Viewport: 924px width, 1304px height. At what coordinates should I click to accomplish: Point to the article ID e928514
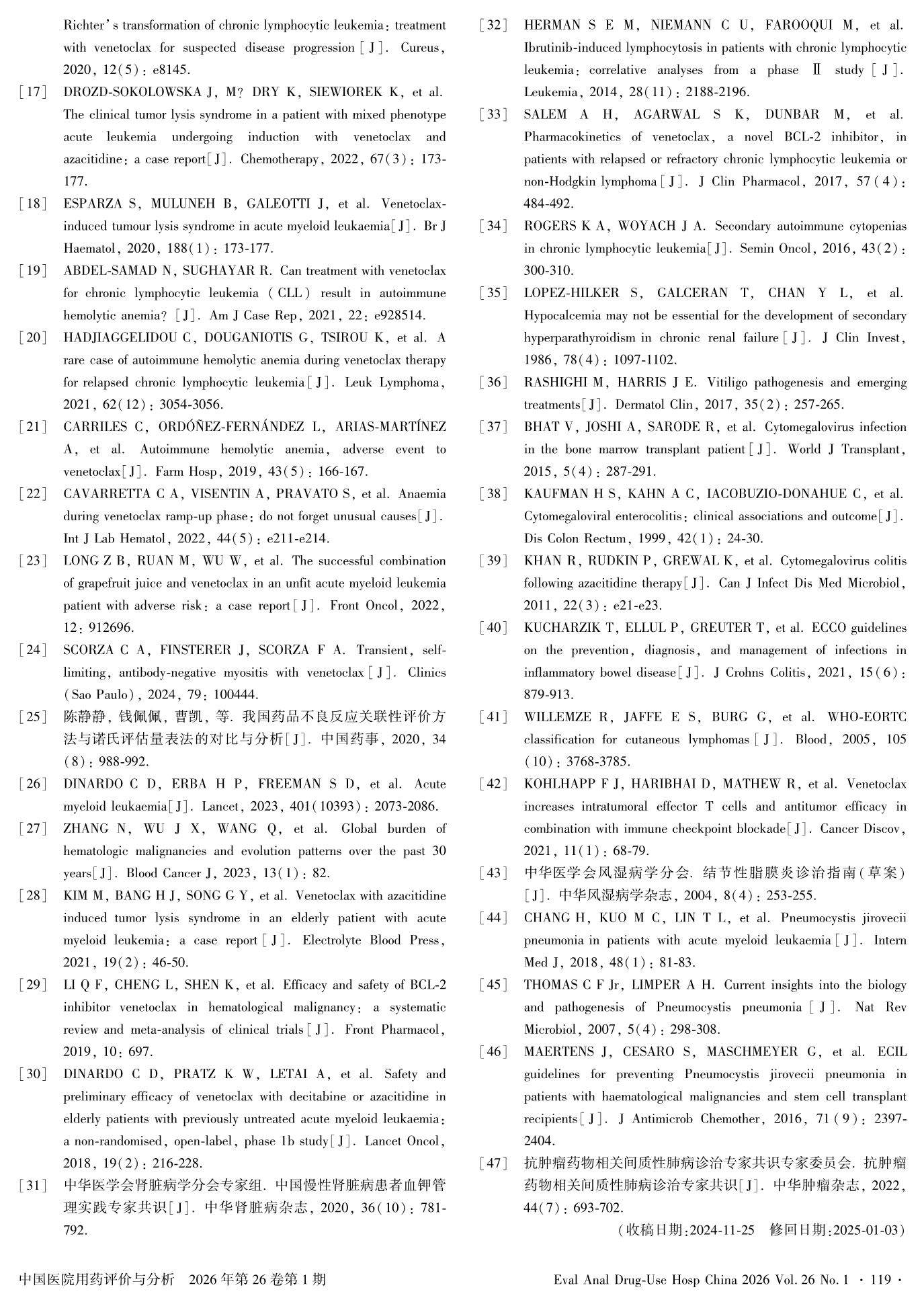(399, 315)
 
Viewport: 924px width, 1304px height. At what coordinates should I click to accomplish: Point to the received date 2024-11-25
(720, 1230)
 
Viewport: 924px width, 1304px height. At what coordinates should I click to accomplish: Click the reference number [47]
(493, 1163)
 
